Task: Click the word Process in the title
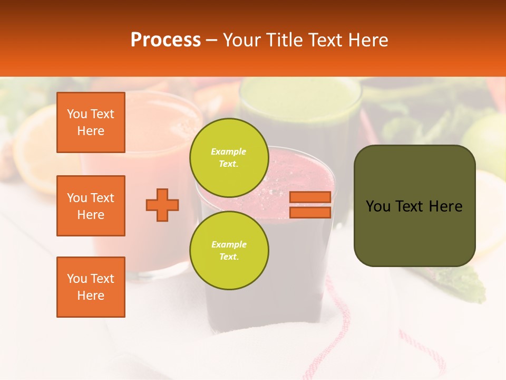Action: click(x=166, y=40)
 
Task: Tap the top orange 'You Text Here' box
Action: click(x=91, y=122)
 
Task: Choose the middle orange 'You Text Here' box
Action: click(x=91, y=206)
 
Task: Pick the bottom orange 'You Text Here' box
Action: click(x=91, y=287)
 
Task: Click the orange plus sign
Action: click(x=162, y=205)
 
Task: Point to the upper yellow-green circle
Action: click(x=229, y=158)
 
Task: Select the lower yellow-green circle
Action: click(x=229, y=251)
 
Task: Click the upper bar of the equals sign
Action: click(x=310, y=197)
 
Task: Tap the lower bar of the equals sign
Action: click(x=310, y=212)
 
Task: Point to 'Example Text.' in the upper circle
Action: click(x=229, y=158)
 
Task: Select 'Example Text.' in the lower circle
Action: click(x=229, y=251)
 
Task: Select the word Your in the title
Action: click(x=240, y=40)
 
